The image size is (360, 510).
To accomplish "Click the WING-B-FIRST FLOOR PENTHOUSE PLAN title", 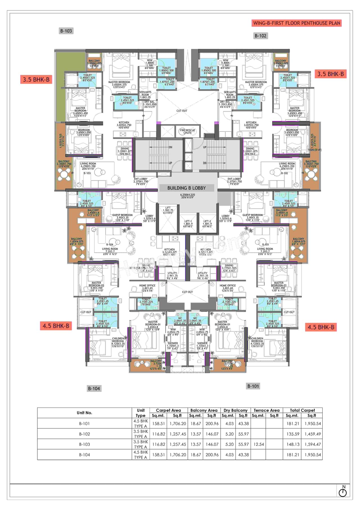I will pos(296,23).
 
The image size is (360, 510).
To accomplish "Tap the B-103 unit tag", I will pos(66,31).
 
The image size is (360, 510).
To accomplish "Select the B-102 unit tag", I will pos(260,36).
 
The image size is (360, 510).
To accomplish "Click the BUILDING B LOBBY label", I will pos(186,188).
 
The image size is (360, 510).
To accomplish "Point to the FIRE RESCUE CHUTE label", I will pos(187,131).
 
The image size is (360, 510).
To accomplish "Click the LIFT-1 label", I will pos(188,221).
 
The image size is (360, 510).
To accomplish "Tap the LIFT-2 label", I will pos(207,221).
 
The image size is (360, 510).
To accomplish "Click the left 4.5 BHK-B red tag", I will pos(56,326).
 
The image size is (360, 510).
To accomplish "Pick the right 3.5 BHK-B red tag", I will pos(330,74).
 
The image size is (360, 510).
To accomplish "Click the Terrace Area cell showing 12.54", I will pos(258,444).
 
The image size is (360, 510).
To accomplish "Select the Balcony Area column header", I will pos(204,410).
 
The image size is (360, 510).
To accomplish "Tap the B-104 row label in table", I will pos(84,455).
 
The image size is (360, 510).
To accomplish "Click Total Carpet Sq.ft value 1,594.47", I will pos(312,444).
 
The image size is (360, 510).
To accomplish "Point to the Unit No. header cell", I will pos(84,413).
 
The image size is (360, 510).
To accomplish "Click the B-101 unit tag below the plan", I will pos(253,386).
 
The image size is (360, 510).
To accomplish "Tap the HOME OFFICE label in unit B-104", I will pos(147,285).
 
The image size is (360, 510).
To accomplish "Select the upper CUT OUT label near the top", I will pos(182,111).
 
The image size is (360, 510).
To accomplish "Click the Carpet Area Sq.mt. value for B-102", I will pos(159,434).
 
